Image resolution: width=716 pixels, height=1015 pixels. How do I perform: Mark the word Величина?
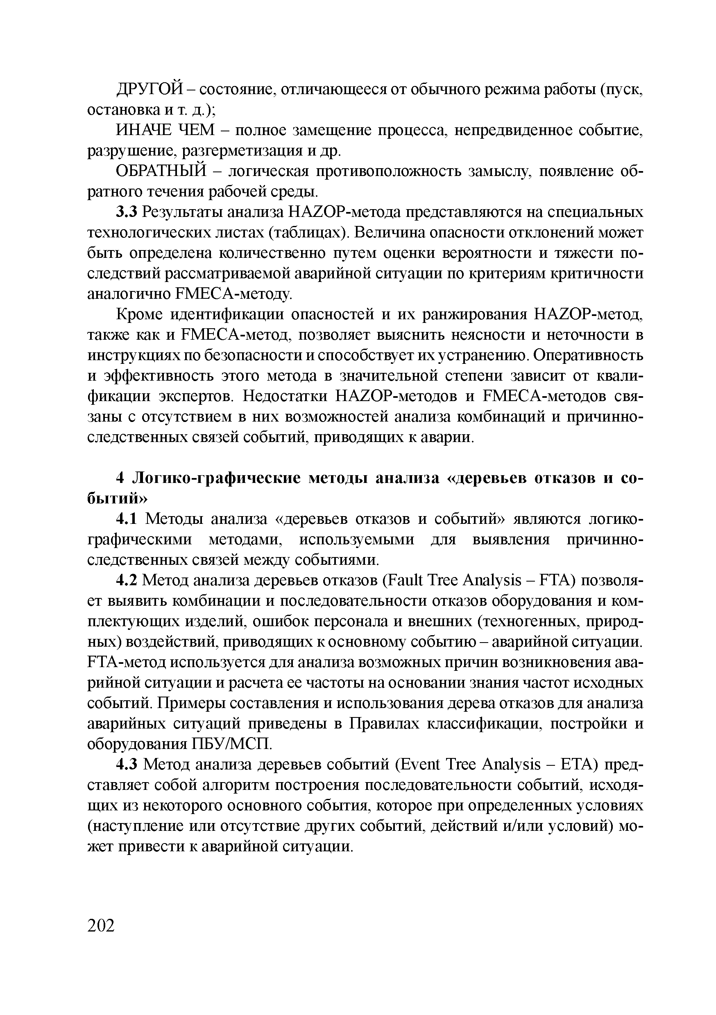[x=389, y=233]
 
